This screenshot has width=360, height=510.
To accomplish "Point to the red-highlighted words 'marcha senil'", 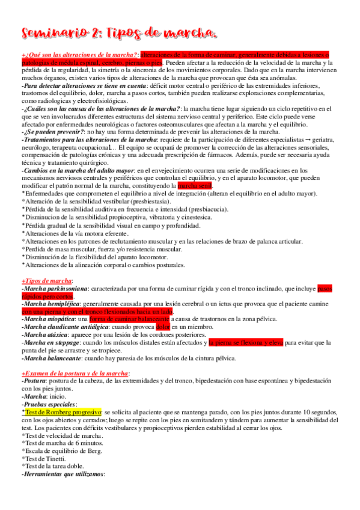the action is [195, 186].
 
